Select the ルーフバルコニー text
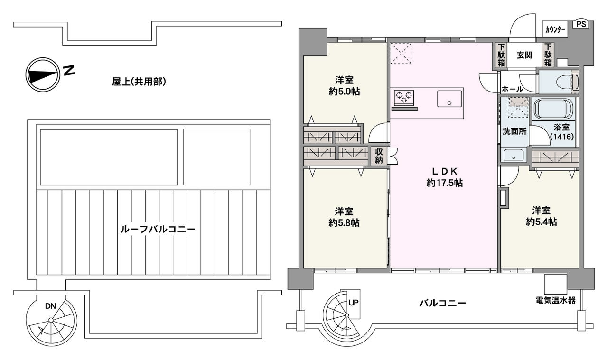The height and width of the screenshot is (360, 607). [x=158, y=229]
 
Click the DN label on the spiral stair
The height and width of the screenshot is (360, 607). [x=51, y=306]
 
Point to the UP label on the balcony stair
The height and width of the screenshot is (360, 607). [x=354, y=302]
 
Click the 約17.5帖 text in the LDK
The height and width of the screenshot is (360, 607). [x=444, y=183]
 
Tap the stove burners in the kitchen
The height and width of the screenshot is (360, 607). [x=403, y=97]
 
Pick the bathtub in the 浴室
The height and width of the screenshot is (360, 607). [x=554, y=108]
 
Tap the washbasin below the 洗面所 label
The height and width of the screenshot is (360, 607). [x=513, y=154]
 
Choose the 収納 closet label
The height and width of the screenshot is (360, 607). [x=379, y=156]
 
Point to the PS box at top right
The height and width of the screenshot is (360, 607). [x=581, y=24]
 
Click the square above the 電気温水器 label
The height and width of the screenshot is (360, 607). [x=555, y=284]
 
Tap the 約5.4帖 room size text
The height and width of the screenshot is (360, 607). [x=541, y=222]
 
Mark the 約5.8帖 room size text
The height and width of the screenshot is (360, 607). [x=344, y=222]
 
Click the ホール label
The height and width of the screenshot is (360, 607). [x=512, y=89]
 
